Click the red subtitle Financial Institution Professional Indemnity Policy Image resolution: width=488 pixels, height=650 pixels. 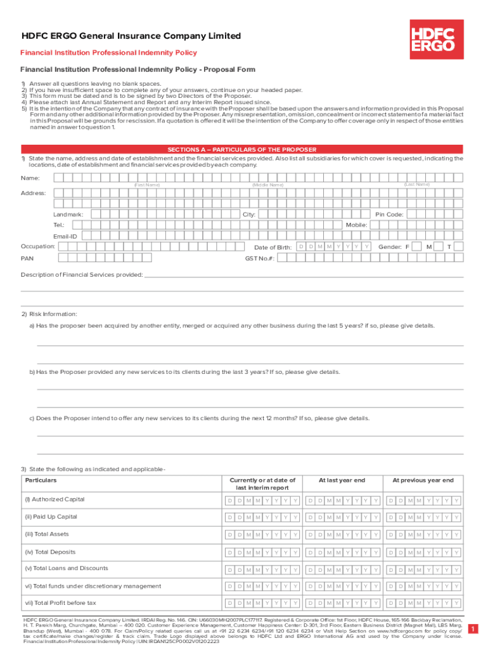tap(108, 53)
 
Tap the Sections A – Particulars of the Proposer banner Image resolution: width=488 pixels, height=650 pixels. tap(241, 150)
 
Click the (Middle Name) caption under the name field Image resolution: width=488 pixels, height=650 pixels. tap(267, 185)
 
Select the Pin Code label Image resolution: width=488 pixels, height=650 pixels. tap(389, 215)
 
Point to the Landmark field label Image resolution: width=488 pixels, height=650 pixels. tap(68, 215)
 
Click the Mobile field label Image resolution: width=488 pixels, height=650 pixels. tap(356, 225)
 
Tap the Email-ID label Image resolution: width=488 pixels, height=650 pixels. tap(65, 236)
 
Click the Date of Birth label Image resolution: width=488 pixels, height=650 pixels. tap(273, 247)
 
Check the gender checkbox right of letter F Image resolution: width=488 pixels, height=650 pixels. tap(418, 246)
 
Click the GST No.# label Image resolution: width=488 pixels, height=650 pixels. tap(260, 258)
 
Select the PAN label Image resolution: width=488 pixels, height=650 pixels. tap(27, 258)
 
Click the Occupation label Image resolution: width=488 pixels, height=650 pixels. tap(37, 246)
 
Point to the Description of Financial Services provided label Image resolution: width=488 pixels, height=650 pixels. tap(82, 275)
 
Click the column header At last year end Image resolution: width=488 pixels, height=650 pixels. tap(342, 481)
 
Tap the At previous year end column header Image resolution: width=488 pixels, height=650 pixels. tap(423, 481)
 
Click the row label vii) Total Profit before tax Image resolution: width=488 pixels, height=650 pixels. tap(60, 603)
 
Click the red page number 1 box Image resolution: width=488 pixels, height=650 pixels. tap(472, 628)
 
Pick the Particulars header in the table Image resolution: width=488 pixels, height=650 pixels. tap(41, 481)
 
